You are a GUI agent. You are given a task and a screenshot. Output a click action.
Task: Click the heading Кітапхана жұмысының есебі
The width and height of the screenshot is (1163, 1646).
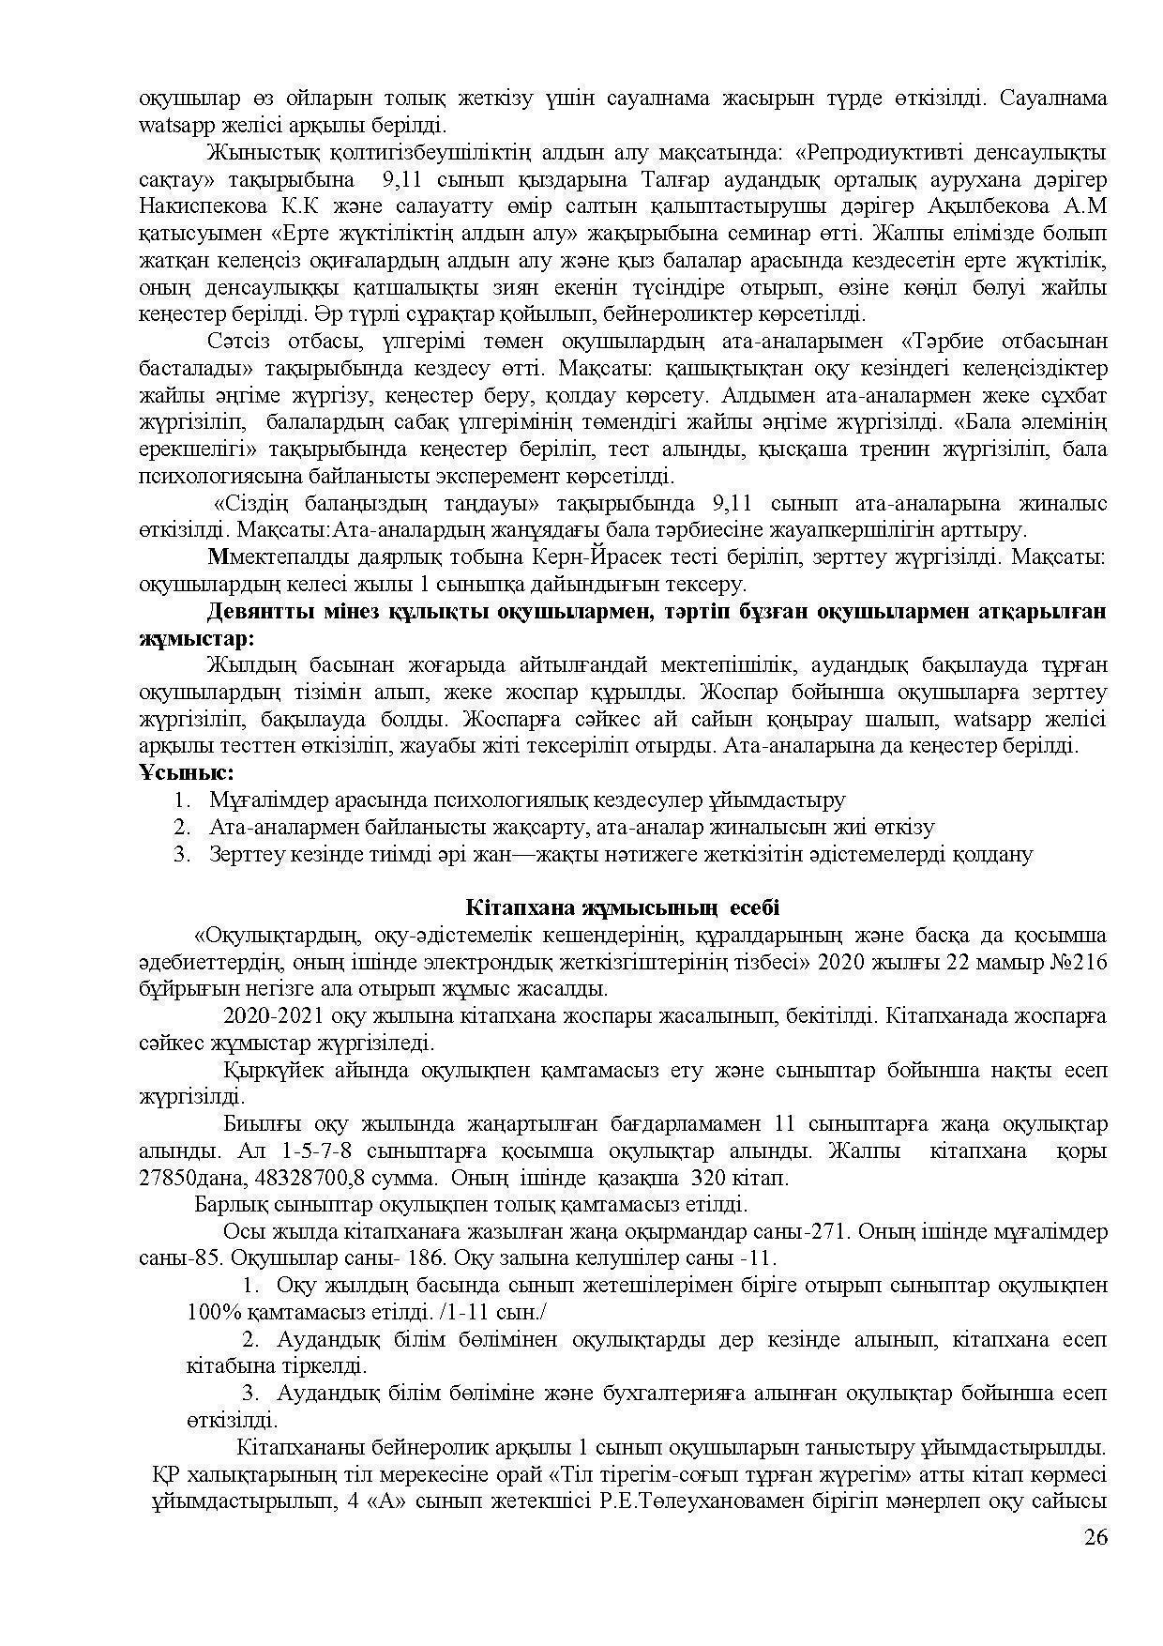point(623,907)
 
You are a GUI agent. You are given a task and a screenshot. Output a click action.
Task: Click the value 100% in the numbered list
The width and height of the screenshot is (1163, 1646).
point(210,1312)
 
